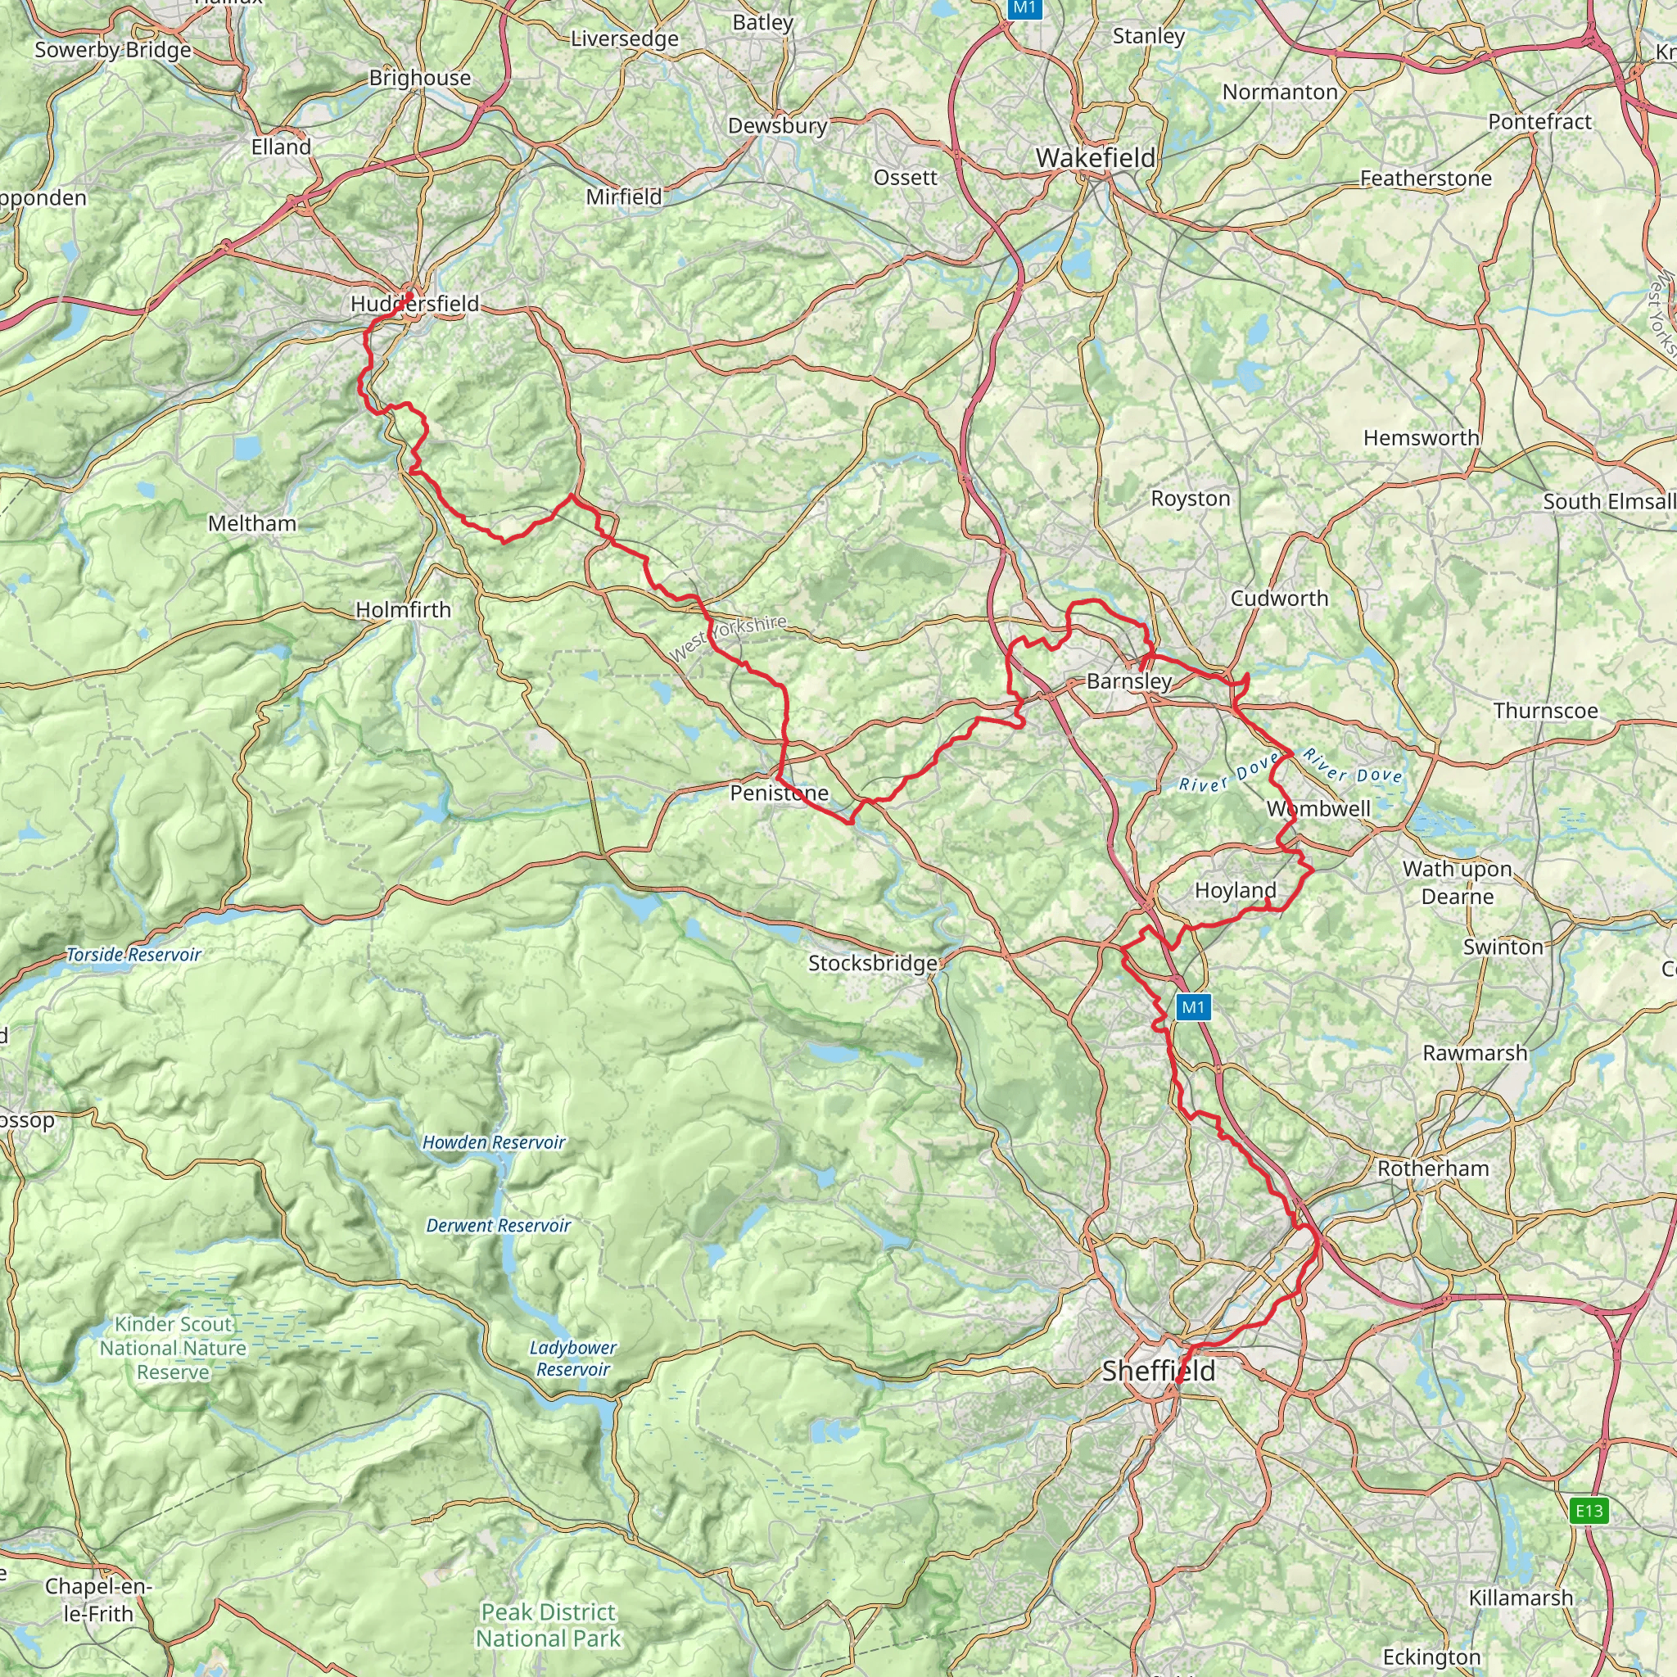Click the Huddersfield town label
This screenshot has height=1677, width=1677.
[414, 304]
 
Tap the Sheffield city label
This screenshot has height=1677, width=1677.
[1158, 1372]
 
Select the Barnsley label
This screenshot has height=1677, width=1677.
[1128, 681]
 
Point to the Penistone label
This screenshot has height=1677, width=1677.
[779, 793]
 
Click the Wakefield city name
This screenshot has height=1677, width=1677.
[1096, 158]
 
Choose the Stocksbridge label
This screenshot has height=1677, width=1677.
[872, 963]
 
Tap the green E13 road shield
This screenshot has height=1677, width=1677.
[1589, 1512]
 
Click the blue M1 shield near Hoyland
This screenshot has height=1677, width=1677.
[1192, 1007]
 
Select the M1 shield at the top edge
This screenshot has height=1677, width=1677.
[1024, 8]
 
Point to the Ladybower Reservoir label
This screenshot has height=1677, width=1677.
[573, 1358]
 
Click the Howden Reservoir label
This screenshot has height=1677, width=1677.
[493, 1142]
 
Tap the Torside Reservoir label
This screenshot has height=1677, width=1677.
[133, 955]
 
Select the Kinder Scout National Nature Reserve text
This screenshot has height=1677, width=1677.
[173, 1348]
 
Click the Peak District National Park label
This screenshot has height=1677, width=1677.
[548, 1625]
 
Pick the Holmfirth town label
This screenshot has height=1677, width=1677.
[403, 610]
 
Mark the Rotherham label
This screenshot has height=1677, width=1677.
[1433, 1168]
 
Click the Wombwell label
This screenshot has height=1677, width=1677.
[1318, 809]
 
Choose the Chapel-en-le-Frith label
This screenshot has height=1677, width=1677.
[98, 1600]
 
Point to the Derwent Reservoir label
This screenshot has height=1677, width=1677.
[497, 1226]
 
